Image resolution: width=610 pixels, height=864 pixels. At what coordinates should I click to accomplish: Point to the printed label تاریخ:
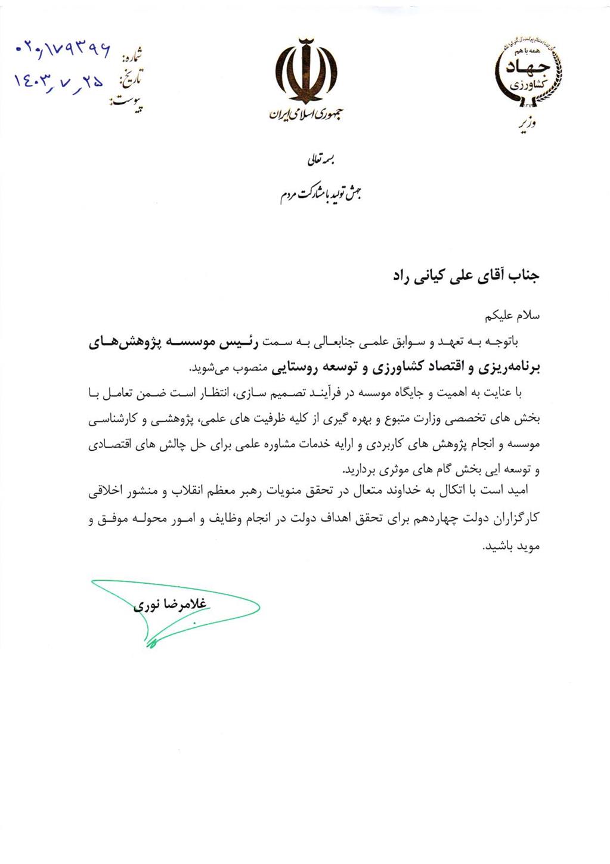pyautogui.click(x=131, y=78)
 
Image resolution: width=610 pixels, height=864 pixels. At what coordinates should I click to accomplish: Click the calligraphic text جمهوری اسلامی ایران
pyautogui.click(x=305, y=113)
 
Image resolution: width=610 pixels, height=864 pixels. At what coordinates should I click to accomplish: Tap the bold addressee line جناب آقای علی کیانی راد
pyautogui.click(x=465, y=276)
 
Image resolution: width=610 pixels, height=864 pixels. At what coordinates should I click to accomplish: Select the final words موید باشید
pyautogui.click(x=512, y=546)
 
